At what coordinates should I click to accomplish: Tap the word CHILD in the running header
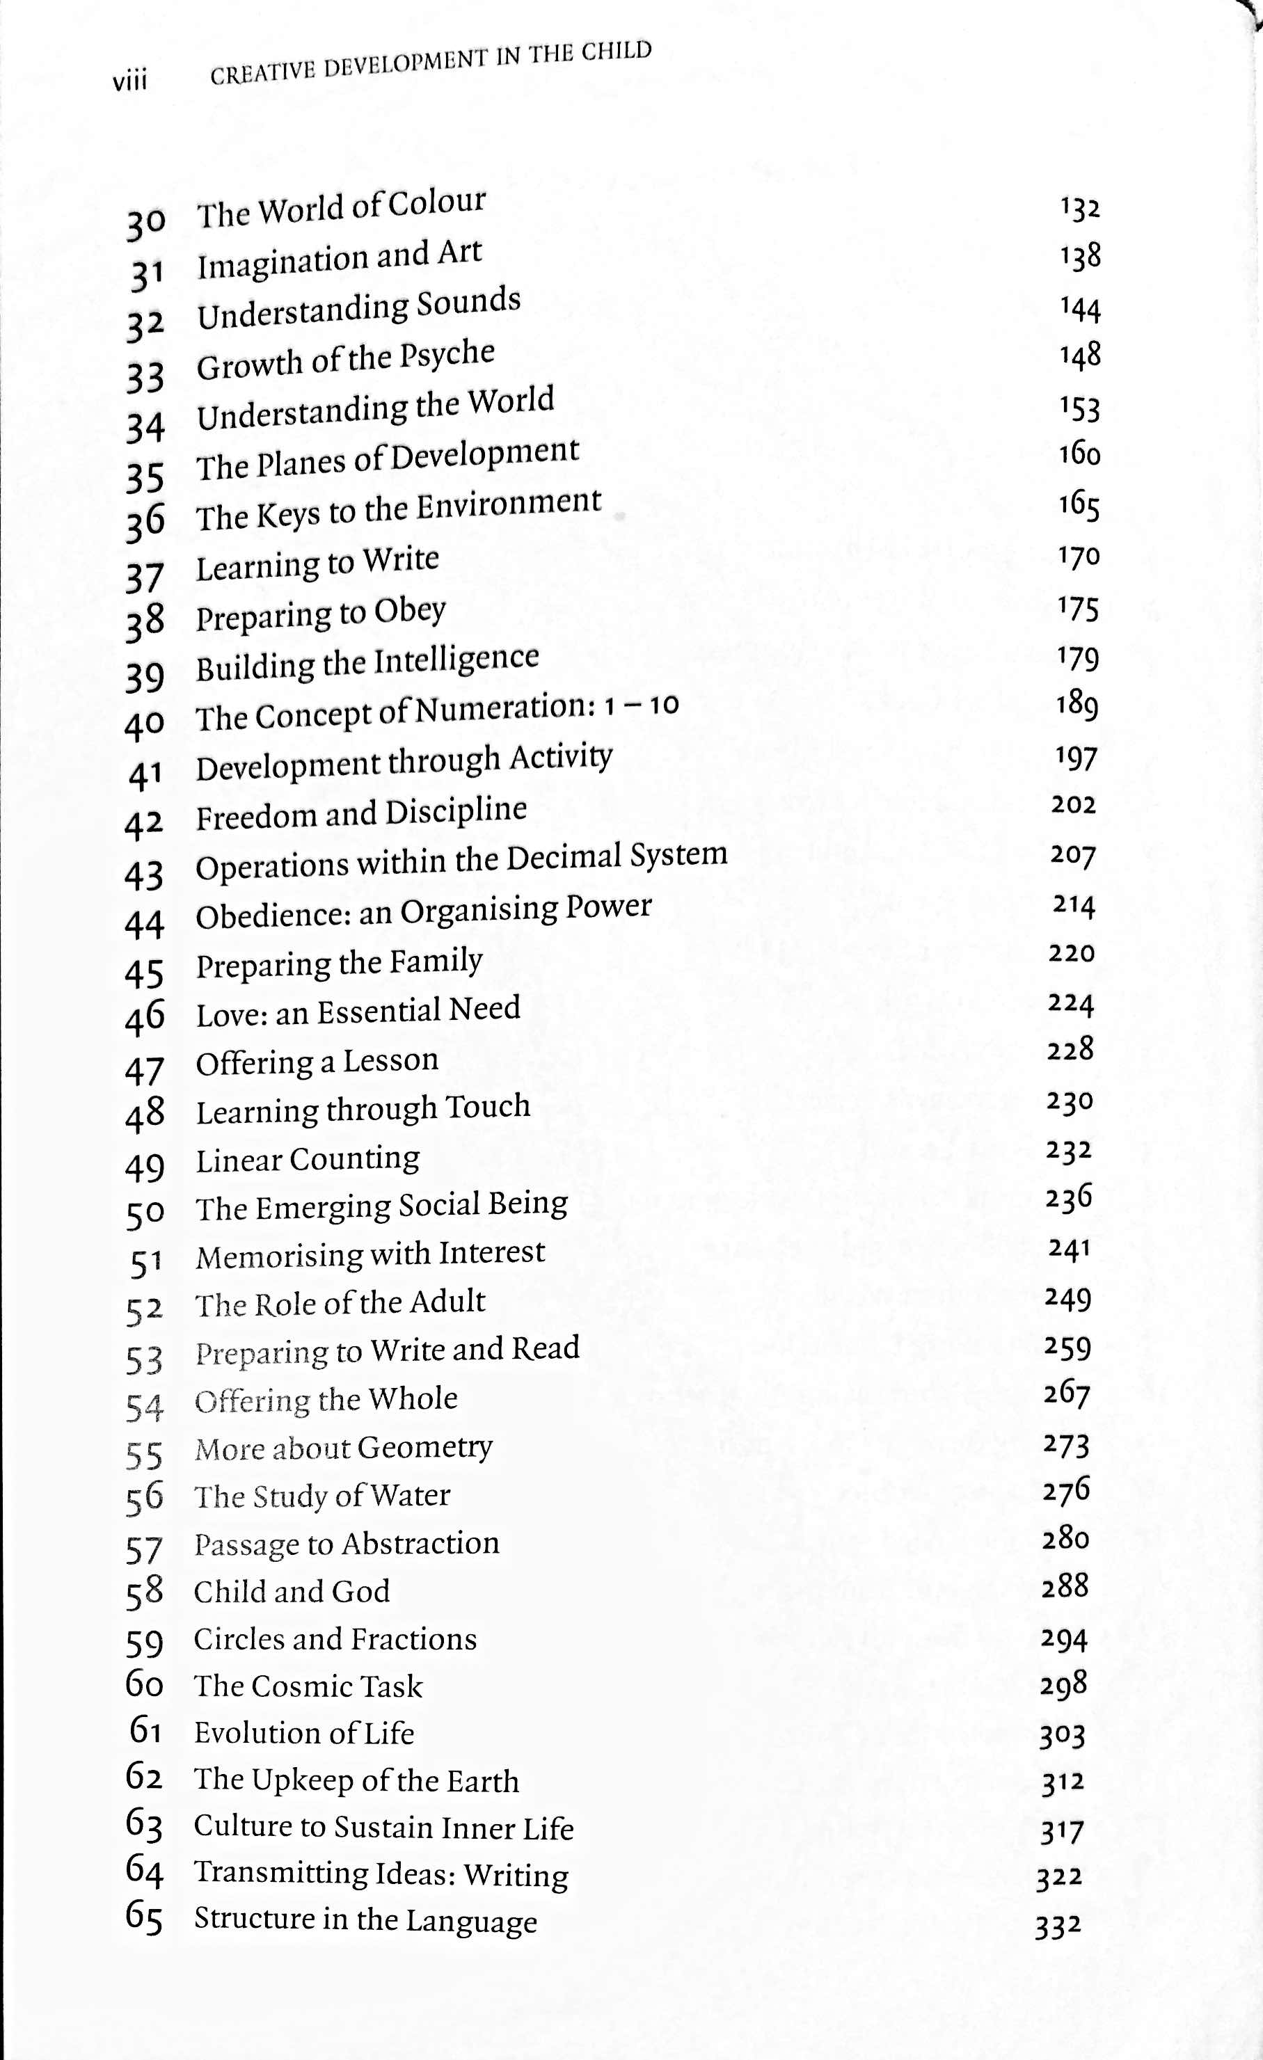pos(617,52)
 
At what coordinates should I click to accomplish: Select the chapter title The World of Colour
pos(340,207)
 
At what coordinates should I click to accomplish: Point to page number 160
pos(1079,454)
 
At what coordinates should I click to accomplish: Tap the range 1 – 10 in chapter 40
pos(641,705)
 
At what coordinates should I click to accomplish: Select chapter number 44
pos(144,924)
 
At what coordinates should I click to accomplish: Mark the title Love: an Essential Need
pos(358,1012)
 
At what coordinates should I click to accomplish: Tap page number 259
pos(1067,1347)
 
